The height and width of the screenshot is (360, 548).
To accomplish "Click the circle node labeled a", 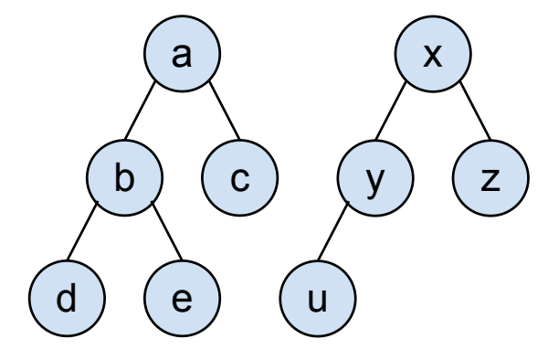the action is (x=182, y=54).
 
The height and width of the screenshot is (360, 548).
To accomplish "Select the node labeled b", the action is (x=125, y=178).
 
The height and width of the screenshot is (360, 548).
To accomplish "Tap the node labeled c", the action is (x=239, y=178).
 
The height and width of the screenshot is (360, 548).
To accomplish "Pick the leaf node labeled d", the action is (x=67, y=299).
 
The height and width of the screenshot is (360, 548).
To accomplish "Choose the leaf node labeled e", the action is (x=182, y=299).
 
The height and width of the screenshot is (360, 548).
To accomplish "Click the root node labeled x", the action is (x=433, y=54).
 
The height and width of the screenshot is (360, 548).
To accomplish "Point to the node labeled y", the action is (x=375, y=178).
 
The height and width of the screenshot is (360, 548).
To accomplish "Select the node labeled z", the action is (x=490, y=178).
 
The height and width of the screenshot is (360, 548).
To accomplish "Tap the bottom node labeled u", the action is (x=318, y=299).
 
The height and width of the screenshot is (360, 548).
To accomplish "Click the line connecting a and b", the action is (x=140, y=111).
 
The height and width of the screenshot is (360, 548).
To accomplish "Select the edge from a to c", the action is (x=225, y=111).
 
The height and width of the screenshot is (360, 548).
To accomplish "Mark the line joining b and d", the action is (x=82, y=231).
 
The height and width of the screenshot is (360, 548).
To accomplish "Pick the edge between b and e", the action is (x=167, y=231).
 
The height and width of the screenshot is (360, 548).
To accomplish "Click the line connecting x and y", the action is (x=390, y=111).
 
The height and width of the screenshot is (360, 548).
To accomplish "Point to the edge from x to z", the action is (x=475, y=111).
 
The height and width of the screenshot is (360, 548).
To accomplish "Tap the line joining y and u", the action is (x=333, y=231).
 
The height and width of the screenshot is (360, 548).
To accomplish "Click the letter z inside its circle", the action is (x=490, y=180).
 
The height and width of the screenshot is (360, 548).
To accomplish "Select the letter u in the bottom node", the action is (x=318, y=301).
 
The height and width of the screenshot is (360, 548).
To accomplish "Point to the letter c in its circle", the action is (x=240, y=180).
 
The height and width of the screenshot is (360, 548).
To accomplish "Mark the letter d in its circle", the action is (x=66, y=297).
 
